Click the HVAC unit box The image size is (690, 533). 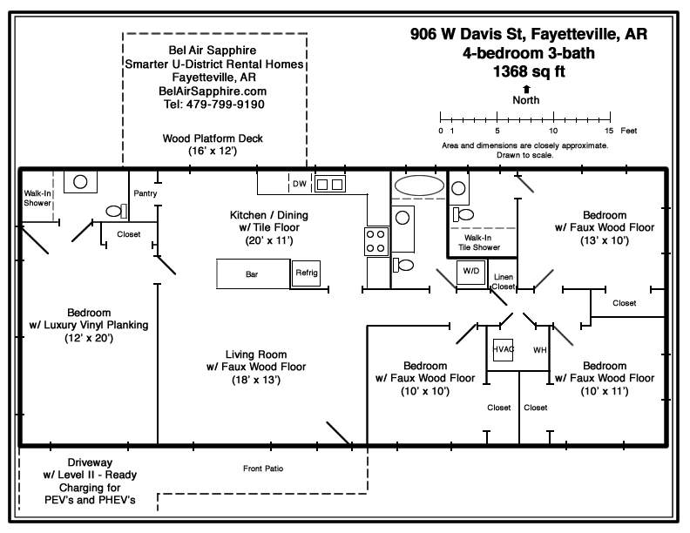click(x=504, y=349)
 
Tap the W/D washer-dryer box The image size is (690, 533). click(x=471, y=271)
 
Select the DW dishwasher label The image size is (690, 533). click(x=299, y=184)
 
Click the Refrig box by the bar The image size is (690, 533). click(x=307, y=273)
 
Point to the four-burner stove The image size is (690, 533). click(x=375, y=241)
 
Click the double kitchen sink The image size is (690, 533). click(x=328, y=184)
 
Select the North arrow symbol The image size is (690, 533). click(x=525, y=88)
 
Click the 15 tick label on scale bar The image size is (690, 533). click(x=609, y=130)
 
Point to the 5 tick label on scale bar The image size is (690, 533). click(x=497, y=130)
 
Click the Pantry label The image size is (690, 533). click(x=144, y=193)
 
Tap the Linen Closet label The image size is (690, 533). click(x=504, y=281)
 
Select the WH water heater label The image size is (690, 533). click(x=539, y=349)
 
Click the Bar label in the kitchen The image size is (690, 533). click(x=251, y=273)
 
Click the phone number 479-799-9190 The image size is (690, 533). click(x=213, y=104)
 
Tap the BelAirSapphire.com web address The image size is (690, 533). click(x=213, y=91)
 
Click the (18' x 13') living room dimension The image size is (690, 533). click(x=251, y=380)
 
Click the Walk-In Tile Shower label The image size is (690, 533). click(x=481, y=242)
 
